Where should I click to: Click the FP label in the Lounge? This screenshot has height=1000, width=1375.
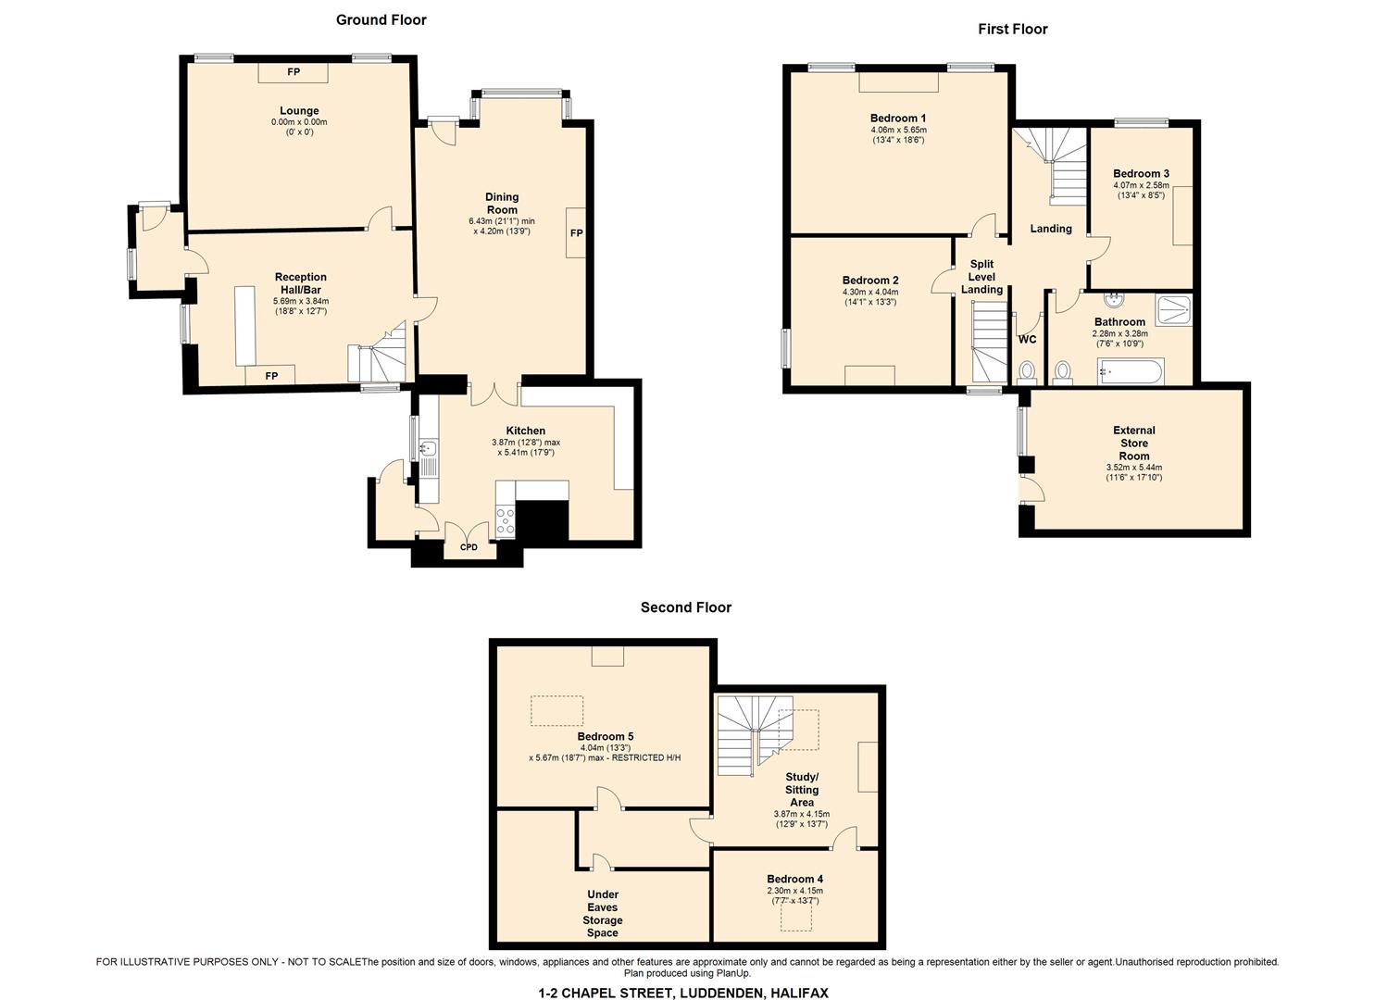point(293,72)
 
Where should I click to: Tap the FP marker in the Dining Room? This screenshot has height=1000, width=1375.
point(576,232)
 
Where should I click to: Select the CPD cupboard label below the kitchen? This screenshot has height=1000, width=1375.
point(469,547)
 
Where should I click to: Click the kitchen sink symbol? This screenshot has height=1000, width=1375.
point(428,449)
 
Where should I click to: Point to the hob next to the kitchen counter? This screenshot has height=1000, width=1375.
point(506,521)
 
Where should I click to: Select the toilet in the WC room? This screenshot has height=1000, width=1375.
point(1027,372)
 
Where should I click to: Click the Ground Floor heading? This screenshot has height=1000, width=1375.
point(381,19)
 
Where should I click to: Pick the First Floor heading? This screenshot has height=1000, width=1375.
point(1012,29)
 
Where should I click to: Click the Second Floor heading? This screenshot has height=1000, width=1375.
point(685,607)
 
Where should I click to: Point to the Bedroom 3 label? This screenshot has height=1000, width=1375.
point(1141,173)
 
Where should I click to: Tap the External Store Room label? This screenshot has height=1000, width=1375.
point(1133,443)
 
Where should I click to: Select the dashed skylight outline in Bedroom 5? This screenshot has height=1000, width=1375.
point(556,711)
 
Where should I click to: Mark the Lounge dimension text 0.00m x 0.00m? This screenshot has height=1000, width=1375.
point(299,122)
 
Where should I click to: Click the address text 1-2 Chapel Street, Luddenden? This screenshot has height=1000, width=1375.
point(683,993)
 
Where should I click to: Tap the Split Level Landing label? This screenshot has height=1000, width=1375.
point(981,277)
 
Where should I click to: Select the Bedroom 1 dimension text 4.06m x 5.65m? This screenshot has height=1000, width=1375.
point(898,130)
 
